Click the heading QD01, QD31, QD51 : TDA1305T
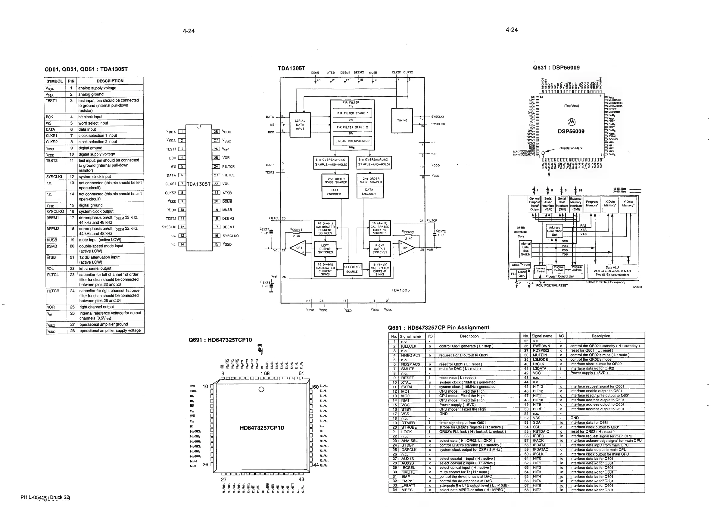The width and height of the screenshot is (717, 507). click(86, 69)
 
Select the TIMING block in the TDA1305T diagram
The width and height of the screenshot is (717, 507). click(402, 120)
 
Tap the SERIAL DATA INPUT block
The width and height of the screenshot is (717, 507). click(300, 125)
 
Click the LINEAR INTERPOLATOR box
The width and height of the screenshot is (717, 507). click(352, 141)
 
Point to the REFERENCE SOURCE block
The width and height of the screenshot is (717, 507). click(352, 269)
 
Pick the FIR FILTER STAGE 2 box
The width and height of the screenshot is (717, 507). click(352, 127)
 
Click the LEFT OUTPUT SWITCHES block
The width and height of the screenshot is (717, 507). click(326, 249)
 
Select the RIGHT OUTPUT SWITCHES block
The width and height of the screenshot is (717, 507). click(379, 249)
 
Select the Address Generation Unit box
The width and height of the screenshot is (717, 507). click(554, 231)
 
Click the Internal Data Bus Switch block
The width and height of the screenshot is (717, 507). click(525, 249)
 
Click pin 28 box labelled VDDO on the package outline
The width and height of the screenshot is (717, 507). click(216, 132)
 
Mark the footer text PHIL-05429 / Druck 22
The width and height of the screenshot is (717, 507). click(45, 497)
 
